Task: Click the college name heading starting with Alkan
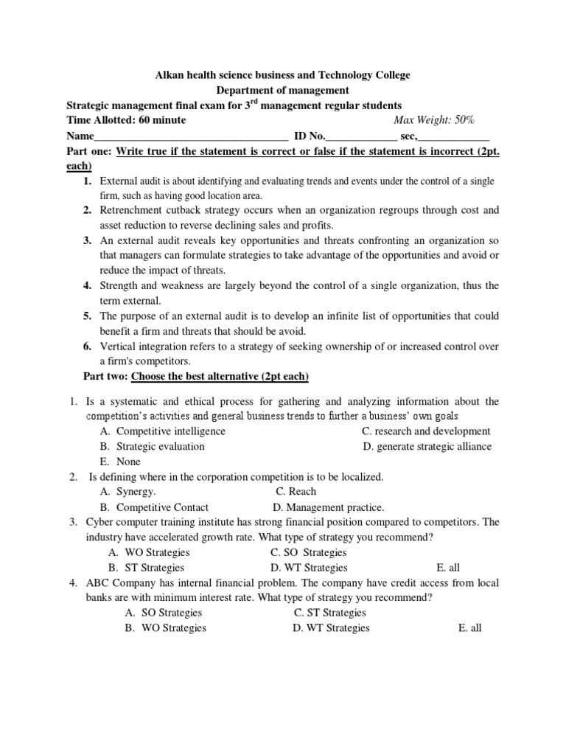point(282,75)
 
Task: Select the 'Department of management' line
point(282,90)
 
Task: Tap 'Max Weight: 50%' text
point(434,120)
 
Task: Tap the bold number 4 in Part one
point(87,285)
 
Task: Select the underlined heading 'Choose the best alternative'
point(220,377)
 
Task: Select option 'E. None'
point(119,462)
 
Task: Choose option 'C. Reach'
point(296,492)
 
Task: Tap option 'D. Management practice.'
point(328,507)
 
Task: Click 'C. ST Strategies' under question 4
point(329,613)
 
